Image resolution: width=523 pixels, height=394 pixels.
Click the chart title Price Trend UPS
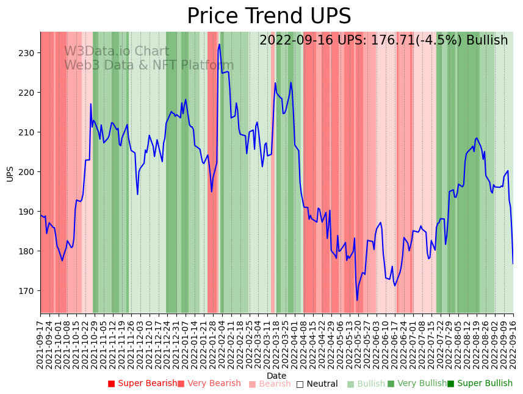tap(269, 16)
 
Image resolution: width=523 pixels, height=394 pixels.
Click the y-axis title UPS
tap(10, 173)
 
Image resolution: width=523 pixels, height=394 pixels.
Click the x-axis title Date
tap(276, 376)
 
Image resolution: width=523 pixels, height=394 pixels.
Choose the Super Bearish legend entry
tap(143, 384)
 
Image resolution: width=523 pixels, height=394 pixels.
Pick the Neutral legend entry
tap(317, 384)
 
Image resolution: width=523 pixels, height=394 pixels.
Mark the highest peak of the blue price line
tap(219, 44)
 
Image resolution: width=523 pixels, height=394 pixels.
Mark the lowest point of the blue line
tap(357, 300)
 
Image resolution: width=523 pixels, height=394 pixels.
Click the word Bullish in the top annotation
tap(487, 40)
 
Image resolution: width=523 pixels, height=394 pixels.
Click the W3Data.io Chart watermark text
tap(117, 52)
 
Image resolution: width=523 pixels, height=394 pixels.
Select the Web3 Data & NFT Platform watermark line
tap(149, 65)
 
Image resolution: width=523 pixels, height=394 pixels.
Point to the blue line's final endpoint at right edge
tap(513, 263)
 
